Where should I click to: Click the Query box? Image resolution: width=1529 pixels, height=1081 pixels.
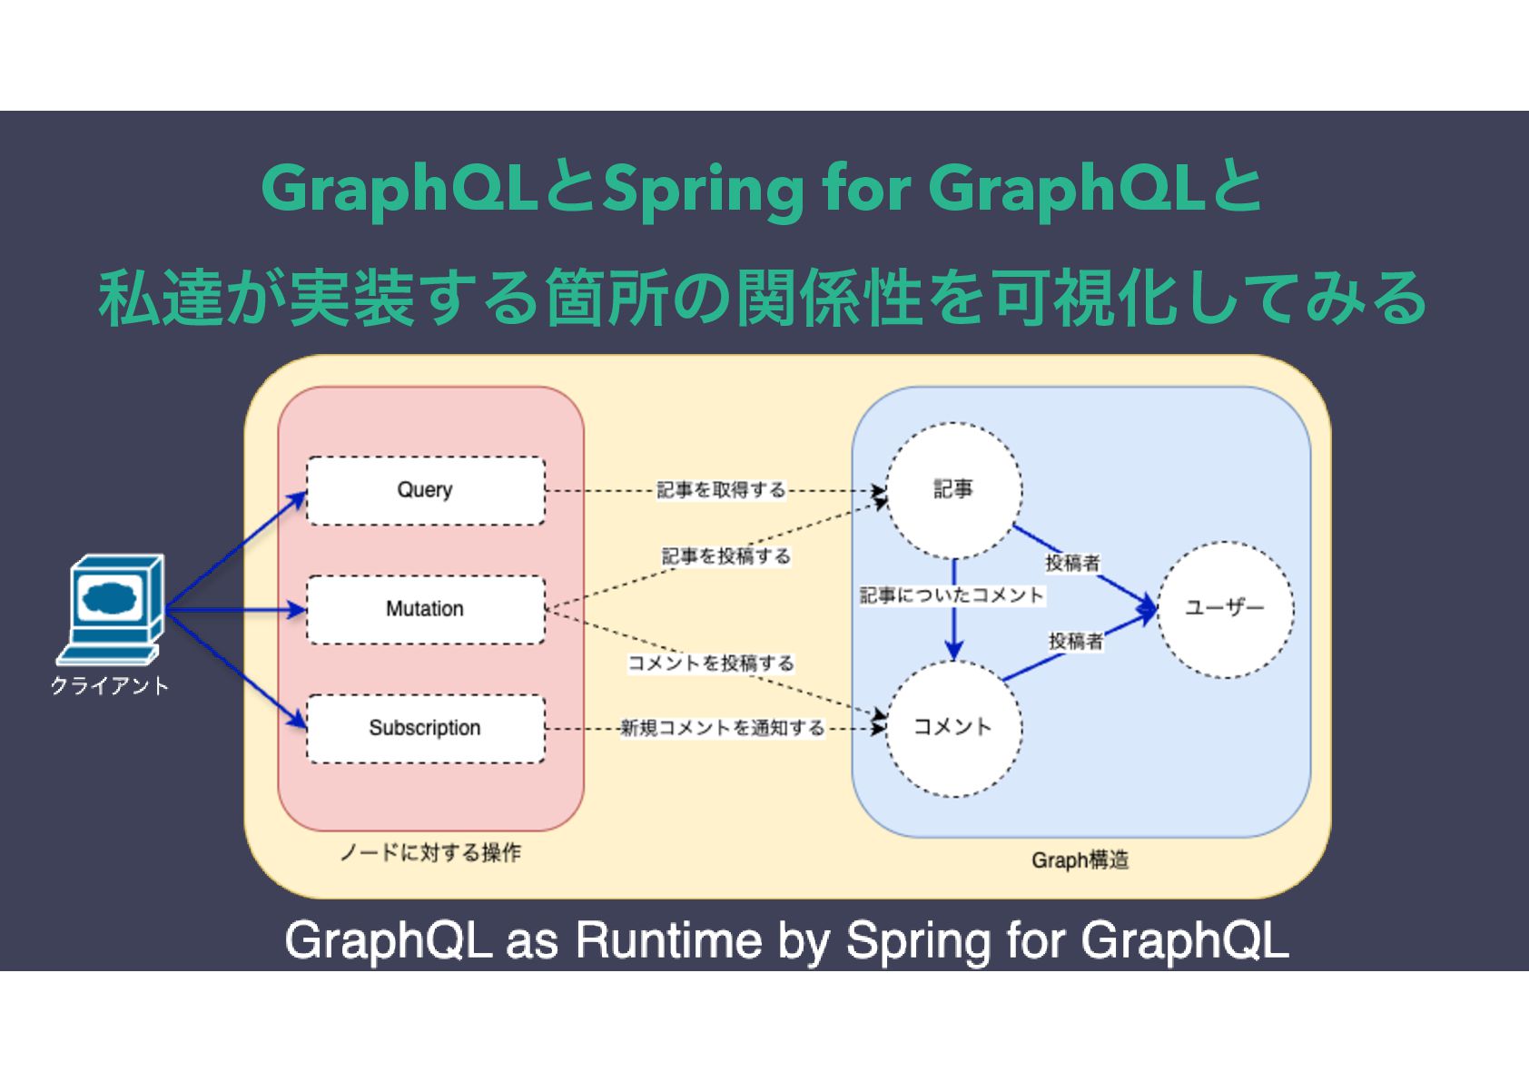[425, 490]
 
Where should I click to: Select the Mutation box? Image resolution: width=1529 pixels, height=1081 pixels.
[425, 609]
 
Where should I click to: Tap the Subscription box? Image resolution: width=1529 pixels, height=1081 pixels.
[425, 728]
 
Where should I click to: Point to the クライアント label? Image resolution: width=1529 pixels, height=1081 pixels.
[110, 686]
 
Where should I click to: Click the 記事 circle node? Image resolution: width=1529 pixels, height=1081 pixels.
[953, 490]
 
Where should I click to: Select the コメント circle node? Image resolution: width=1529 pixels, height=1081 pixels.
[953, 728]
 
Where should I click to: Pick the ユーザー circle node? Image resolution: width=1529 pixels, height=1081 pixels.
[1225, 609]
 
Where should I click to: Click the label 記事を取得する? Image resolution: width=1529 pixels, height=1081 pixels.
[721, 490]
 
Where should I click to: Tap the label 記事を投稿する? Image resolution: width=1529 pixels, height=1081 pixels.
[725, 556]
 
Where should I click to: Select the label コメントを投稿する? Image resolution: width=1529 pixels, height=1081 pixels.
[711, 663]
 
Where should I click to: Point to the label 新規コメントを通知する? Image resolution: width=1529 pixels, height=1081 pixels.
[722, 728]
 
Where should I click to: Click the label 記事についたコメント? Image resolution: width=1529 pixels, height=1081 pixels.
[952, 595]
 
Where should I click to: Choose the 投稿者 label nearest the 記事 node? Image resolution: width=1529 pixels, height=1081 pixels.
[1072, 563]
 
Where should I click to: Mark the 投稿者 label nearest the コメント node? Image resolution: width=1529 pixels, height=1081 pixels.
[1076, 642]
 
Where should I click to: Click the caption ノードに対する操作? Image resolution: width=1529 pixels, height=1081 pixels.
[430, 853]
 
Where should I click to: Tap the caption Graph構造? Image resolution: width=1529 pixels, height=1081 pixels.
[1080, 860]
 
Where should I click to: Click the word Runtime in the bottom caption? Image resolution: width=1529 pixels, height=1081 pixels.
[669, 940]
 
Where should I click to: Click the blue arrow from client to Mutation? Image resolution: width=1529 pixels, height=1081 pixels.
[236, 609]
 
